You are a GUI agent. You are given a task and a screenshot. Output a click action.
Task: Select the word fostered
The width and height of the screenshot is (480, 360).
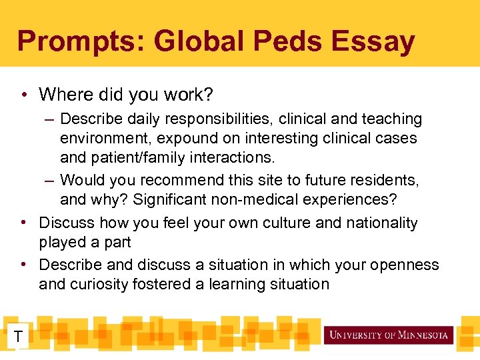tap(166, 284)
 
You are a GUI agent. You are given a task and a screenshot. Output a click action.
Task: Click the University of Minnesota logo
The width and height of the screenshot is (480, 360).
tap(389, 335)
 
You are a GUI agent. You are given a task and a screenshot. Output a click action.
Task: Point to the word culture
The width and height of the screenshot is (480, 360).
tap(279, 223)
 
